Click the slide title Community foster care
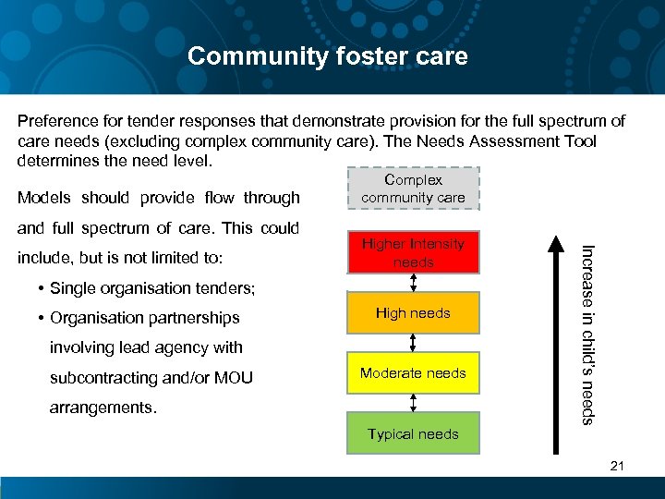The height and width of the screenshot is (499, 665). tap(328, 56)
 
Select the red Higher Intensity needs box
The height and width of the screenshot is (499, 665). tap(413, 253)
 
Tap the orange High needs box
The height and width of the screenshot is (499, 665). tap(413, 313)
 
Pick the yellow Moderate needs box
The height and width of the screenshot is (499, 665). tap(413, 373)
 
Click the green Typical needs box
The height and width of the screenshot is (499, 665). tap(413, 433)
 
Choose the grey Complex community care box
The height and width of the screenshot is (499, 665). tap(413, 189)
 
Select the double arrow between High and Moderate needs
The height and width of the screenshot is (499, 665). tap(413, 343)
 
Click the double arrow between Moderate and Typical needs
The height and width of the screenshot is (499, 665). tap(413, 402)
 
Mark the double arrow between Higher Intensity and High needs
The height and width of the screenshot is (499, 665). tap(413, 283)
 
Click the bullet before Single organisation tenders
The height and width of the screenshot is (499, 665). tap(42, 288)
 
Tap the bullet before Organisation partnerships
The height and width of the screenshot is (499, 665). tap(42, 318)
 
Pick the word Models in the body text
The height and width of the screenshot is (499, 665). tap(45, 198)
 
